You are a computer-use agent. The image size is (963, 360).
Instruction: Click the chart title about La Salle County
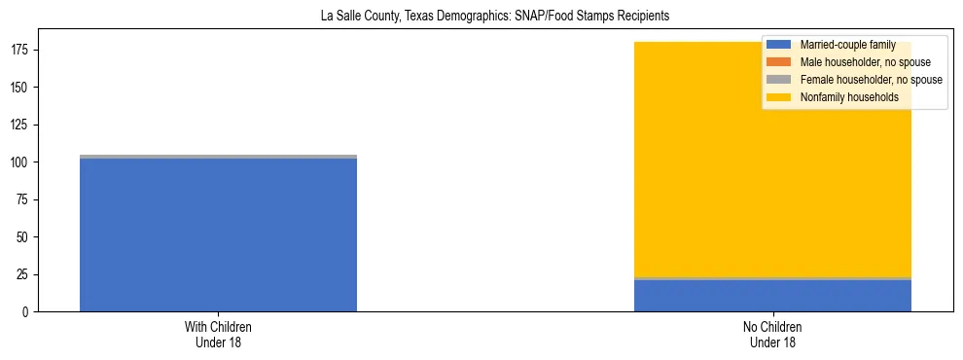[495, 17]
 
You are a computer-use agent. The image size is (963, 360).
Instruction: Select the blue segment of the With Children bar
[218, 234]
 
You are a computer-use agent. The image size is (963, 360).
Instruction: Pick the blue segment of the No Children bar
[772, 296]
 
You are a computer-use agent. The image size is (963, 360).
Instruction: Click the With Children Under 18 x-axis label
[218, 334]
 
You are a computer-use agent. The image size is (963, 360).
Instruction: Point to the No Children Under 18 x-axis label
[772, 334]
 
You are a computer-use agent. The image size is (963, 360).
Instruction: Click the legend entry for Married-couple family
[847, 45]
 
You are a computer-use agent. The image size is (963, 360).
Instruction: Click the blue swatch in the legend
[779, 45]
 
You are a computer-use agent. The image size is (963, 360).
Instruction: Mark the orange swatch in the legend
[779, 62]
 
